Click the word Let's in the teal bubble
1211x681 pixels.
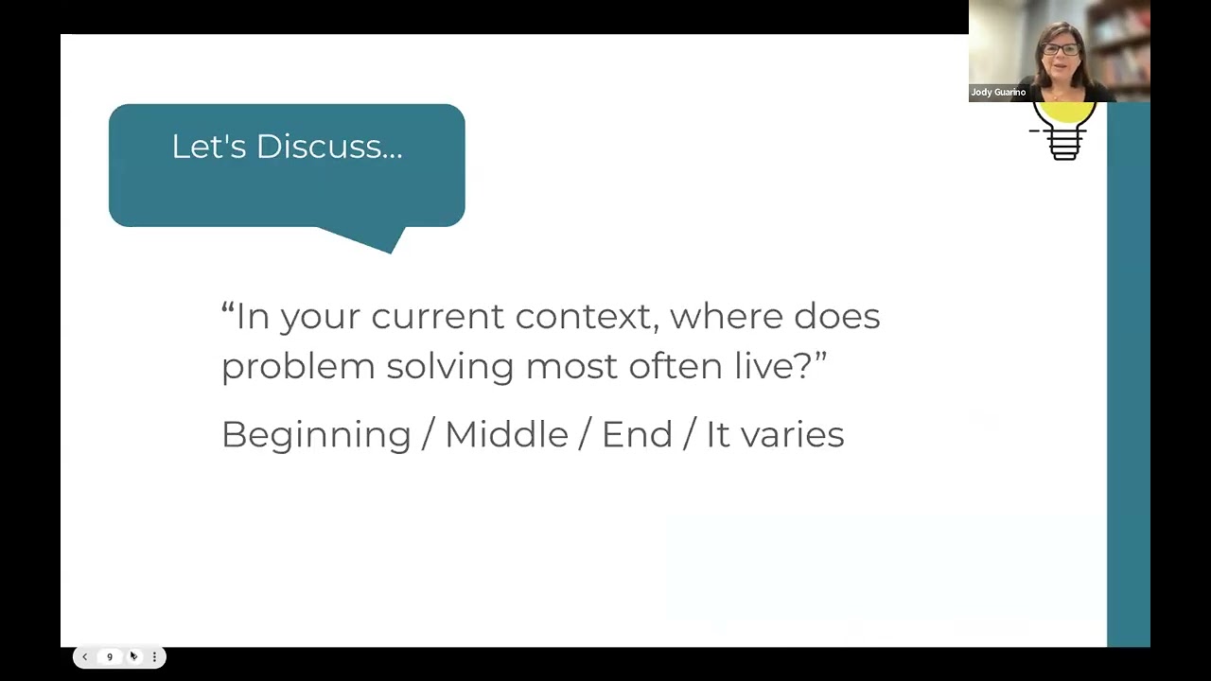[209, 147]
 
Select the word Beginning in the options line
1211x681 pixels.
[316, 435]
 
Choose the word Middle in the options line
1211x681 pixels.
[506, 434]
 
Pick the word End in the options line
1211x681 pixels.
[637, 434]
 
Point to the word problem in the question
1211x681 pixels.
[298, 367]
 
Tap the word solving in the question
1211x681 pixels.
[449, 367]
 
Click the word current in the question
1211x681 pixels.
[437, 317]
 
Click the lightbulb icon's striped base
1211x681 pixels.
[1064, 145]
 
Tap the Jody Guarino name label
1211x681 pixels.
[998, 93]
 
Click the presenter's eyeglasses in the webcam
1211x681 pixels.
[1060, 49]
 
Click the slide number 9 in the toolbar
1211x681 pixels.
[110, 656]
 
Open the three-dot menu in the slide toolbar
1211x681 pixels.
[154, 656]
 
